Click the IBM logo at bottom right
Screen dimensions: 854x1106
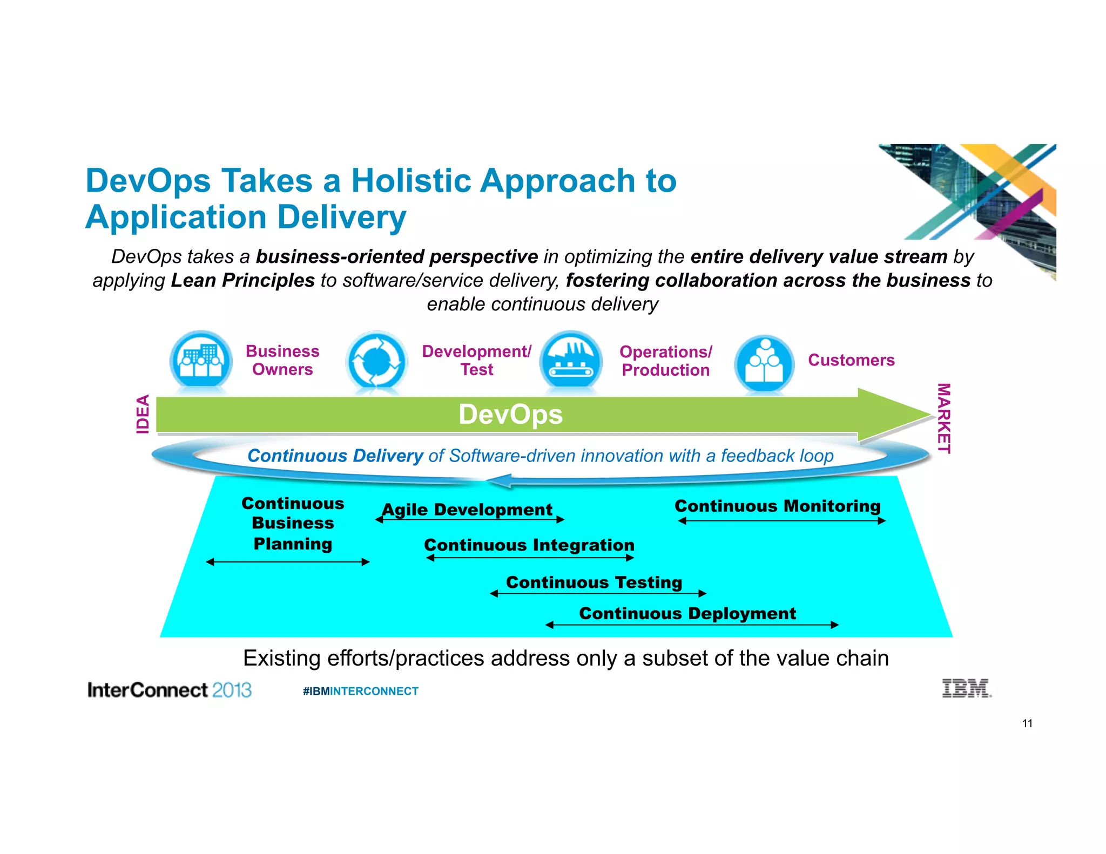point(966,688)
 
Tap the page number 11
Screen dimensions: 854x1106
point(1027,723)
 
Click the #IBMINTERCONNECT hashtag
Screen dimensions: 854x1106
point(360,691)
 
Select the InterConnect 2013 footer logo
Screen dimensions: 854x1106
point(170,690)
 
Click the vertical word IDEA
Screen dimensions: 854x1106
point(143,414)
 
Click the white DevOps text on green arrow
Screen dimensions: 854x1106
point(510,415)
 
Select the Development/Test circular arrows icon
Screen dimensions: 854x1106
point(376,361)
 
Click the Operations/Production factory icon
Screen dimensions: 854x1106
point(571,361)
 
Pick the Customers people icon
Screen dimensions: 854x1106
point(764,363)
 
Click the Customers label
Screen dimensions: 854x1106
point(851,360)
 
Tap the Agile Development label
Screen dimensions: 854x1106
point(467,509)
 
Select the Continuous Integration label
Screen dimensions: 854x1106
point(529,545)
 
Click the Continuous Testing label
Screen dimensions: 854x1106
point(594,582)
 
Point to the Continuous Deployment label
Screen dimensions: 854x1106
point(687,613)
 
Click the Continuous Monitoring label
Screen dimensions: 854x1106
point(778,506)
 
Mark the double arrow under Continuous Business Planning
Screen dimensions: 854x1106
point(288,562)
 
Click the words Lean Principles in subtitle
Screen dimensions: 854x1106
point(242,280)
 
